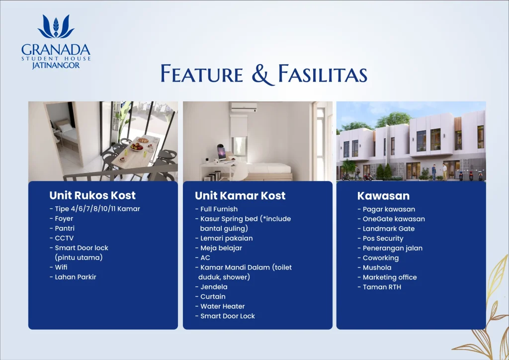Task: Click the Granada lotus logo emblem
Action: click(56, 27)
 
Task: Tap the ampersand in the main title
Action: click(263, 75)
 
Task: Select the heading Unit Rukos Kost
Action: click(92, 195)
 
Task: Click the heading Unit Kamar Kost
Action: click(240, 196)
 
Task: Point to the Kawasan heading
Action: click(383, 196)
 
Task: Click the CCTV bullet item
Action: click(62, 238)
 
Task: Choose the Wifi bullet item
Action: click(59, 267)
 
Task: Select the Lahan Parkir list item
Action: click(73, 277)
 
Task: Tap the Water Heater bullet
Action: click(220, 306)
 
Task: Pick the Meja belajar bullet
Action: click(219, 248)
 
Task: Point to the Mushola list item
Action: click(375, 268)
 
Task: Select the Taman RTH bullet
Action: click(379, 287)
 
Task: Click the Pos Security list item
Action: click(380, 238)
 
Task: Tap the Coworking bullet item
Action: click(378, 258)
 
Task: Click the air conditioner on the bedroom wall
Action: click(244, 107)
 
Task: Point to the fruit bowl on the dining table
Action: click(137, 147)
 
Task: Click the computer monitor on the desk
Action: click(222, 153)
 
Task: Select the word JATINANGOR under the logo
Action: click(56, 65)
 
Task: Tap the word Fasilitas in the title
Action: click(323, 74)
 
